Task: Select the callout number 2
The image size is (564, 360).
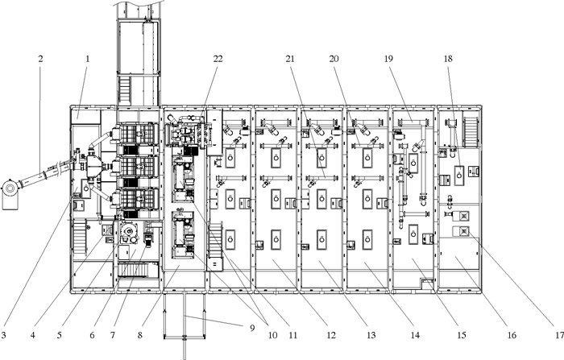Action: point(40,58)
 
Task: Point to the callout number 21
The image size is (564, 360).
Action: point(289,58)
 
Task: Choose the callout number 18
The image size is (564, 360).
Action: point(449,58)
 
